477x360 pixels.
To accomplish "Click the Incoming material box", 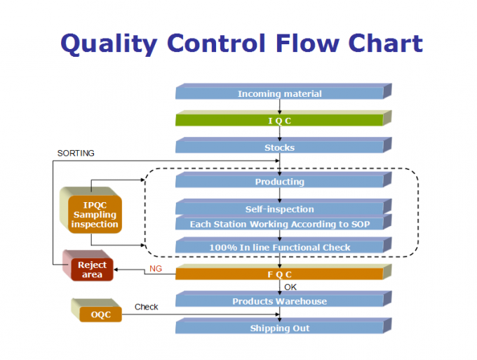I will click(x=279, y=93).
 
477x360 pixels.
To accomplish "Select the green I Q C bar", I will click(x=279, y=120).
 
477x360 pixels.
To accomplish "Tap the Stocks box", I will click(x=279, y=147).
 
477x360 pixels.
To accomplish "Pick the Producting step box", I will click(x=279, y=182).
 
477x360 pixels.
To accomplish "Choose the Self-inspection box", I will click(x=279, y=208).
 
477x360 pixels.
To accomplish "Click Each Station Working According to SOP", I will click(x=279, y=224).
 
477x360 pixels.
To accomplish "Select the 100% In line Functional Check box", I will click(x=279, y=247).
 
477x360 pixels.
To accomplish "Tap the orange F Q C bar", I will click(x=279, y=274).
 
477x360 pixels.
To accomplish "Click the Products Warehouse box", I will click(x=279, y=301).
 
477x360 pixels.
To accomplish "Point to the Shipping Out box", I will click(x=279, y=328).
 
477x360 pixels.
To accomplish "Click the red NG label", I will click(x=155, y=269).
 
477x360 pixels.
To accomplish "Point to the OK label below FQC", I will click(x=290, y=287).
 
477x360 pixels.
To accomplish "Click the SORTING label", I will click(x=76, y=153).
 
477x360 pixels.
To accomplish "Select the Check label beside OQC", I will click(x=146, y=307).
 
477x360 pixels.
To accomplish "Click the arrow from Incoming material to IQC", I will click(x=280, y=107).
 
